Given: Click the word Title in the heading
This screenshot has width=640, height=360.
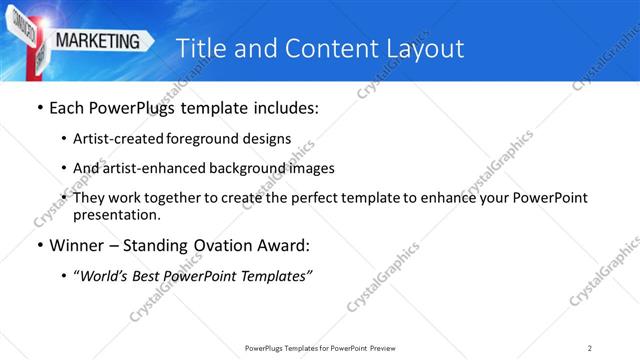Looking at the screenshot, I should coord(199,48).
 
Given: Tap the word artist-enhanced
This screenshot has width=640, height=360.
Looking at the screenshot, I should coord(157,168).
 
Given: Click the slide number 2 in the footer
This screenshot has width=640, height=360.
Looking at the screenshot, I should coord(590,347).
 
